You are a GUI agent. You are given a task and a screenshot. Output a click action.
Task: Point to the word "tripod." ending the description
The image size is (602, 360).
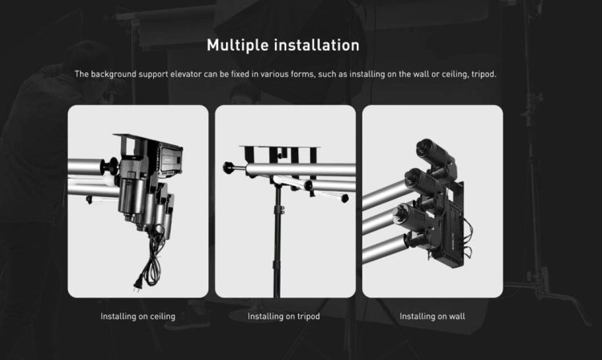click(484, 75)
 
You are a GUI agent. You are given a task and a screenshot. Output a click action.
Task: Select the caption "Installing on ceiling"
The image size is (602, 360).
click(138, 317)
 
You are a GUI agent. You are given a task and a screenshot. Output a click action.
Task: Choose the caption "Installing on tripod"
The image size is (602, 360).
click(284, 317)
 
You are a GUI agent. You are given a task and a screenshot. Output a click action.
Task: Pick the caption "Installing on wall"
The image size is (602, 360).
click(432, 317)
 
